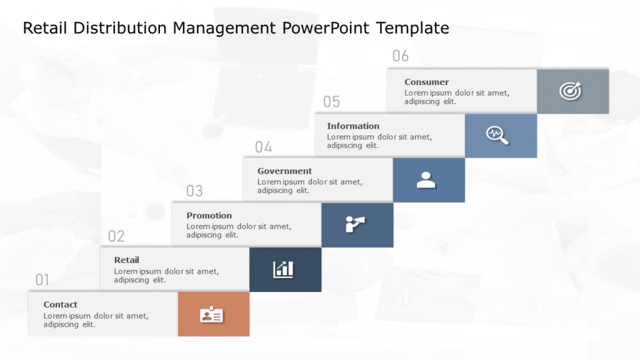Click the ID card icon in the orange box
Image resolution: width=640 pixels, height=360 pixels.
pos(212,315)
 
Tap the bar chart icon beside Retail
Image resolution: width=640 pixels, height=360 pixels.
pos(283,269)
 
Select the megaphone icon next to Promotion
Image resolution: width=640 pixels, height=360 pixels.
pos(355,224)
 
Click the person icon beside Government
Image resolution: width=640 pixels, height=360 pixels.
pos(426,180)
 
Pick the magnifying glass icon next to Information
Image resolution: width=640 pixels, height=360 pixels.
pos(498,135)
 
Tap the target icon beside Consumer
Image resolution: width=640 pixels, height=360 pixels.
pos(570,91)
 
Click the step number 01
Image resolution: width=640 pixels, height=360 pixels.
pos(42,280)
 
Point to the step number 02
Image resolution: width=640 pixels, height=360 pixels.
pos(116,236)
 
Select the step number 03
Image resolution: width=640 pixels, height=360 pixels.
pos(194,191)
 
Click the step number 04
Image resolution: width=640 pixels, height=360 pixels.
pos(263,147)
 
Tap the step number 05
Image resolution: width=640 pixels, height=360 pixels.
pos(331,102)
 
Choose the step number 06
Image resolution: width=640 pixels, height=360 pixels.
pos(400,56)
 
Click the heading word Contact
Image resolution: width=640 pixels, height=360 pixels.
pos(61,304)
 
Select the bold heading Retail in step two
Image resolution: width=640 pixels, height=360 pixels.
pos(127,260)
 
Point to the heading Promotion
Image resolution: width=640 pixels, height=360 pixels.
pos(209,216)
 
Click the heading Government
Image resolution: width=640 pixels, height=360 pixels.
pos(284,171)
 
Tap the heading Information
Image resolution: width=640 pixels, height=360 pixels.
pos(353,126)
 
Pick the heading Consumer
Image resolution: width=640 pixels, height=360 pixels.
pos(426,82)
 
